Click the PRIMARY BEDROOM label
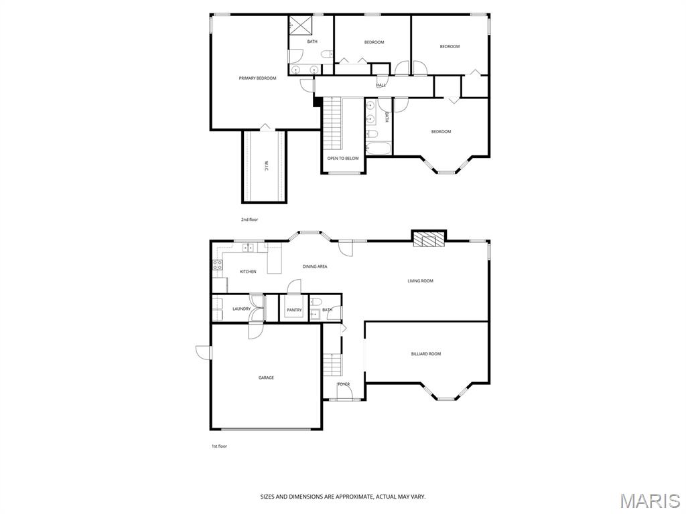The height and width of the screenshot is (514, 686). coord(257,78)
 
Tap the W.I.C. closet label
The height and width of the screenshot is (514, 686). coord(266,167)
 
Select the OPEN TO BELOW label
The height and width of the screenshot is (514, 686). coord(343,158)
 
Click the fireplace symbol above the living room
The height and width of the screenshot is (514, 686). coord(429,239)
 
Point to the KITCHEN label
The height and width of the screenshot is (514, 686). coord(248,272)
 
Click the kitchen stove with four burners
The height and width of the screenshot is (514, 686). coord(218,264)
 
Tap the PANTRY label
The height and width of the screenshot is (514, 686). coord(295,311)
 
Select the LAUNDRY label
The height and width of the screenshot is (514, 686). coord(241,309)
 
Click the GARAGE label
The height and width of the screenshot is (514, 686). coord(266,377)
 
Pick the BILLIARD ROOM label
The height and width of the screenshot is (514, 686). coord(426,354)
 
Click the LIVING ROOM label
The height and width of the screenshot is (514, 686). coord(421,281)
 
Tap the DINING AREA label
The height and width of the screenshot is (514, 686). coord(315,266)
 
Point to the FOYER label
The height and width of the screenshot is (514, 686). coord(344,385)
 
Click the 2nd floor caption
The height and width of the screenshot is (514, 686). coord(249,220)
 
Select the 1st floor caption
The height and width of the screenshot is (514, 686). coord(220,446)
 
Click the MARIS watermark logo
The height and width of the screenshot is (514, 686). coord(650,501)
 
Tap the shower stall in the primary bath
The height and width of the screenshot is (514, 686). coord(300,25)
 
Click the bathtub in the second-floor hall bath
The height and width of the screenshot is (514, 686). coord(379,149)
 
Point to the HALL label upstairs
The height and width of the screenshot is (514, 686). coord(381,85)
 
